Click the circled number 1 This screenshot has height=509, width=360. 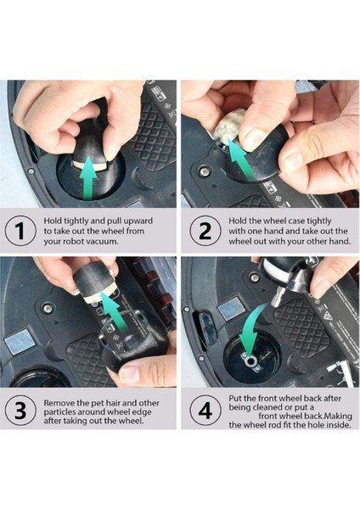pyautogui.click(x=20, y=231)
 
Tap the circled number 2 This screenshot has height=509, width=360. pyautogui.click(x=205, y=231)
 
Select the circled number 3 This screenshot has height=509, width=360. pyautogui.click(x=20, y=411)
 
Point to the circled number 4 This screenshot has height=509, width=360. pyautogui.click(x=205, y=411)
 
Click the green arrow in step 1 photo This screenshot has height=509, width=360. pyautogui.click(x=89, y=177)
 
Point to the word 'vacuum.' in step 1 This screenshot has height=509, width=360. pyautogui.click(x=103, y=242)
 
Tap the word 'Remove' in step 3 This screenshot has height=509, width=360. pyautogui.click(x=57, y=403)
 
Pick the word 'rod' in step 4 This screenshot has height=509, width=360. pyautogui.click(x=270, y=425)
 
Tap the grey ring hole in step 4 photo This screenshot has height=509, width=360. pyautogui.click(x=250, y=361)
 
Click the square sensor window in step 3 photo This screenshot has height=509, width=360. pyautogui.click(x=20, y=343)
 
